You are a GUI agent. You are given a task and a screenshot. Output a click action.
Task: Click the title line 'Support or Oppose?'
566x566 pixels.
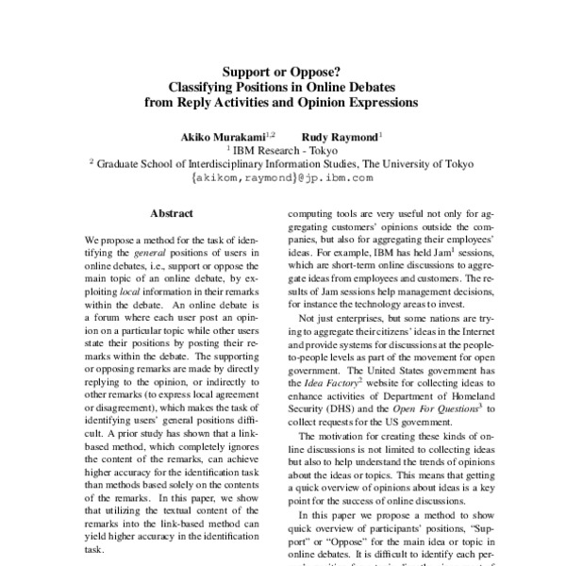(282, 69)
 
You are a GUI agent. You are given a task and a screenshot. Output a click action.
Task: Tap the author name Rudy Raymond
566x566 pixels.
(339, 136)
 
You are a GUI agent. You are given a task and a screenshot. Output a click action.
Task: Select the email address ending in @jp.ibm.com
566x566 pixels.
(282, 176)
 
